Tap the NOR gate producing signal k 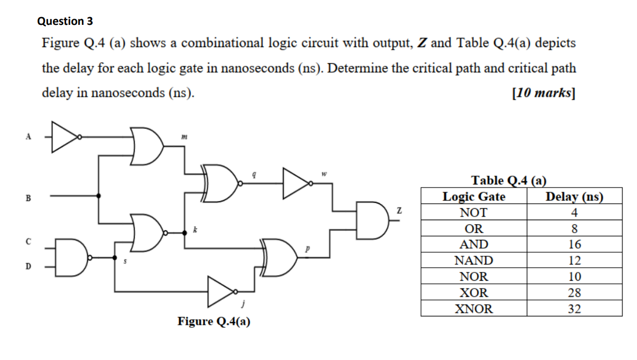[149, 233]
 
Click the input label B [29, 198]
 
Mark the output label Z [399, 210]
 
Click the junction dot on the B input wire [99, 196]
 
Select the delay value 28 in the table [574, 293]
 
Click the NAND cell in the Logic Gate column [473, 261]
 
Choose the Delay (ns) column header [574, 197]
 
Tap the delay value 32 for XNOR [574, 309]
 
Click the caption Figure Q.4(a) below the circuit [214, 322]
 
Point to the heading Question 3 [65, 21]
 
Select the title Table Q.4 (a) [509, 180]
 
